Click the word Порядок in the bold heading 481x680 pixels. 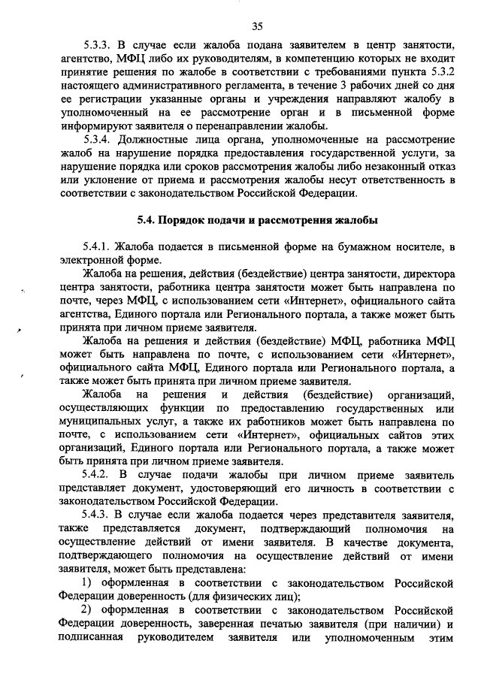188,220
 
